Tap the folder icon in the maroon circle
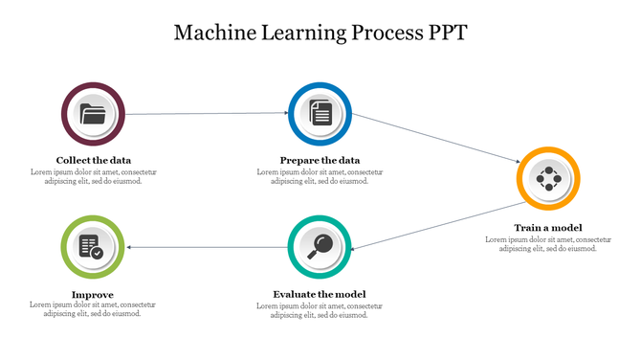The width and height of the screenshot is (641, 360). point(93,115)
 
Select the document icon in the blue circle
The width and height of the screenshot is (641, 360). point(320,114)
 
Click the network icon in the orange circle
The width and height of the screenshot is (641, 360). point(548,178)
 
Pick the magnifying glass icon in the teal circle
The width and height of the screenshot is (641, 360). point(320,246)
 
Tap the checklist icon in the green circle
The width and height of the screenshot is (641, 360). point(93,247)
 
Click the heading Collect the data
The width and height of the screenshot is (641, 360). point(93,160)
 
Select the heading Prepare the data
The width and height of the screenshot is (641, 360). point(320,160)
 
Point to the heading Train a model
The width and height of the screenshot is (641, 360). point(548,227)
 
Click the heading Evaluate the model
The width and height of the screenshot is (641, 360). point(320,294)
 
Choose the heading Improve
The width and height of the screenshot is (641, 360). point(93,294)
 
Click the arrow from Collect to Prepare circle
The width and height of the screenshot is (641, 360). point(206,114)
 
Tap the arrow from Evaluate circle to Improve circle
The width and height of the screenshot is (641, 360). point(206,247)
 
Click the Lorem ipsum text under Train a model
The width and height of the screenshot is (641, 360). point(548,243)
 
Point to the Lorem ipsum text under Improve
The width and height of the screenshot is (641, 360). point(93,309)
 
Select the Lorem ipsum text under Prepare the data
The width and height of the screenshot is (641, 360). point(320,176)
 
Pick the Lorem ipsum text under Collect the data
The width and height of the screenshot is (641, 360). point(93,176)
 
